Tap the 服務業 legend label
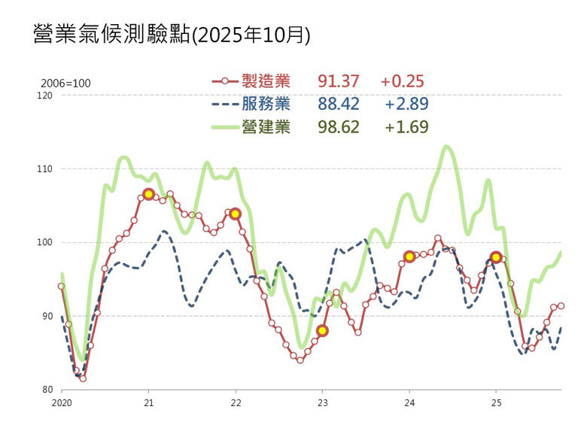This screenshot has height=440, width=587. tap(266, 104)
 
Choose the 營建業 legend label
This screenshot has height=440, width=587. tap(266, 126)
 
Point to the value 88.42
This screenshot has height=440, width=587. tap(339, 104)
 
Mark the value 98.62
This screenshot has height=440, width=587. tap(339, 126)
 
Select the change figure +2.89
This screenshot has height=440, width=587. tap(406, 104)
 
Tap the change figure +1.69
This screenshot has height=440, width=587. tap(406, 126)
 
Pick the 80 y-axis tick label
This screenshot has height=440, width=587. tap(47, 390)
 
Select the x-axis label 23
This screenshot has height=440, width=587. tap(322, 402)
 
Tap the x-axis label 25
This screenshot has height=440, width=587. tap(496, 402)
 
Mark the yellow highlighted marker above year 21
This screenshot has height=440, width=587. tap(148, 194)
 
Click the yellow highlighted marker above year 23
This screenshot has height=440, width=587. tap(322, 330)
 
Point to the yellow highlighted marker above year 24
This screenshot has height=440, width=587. tap(409, 256)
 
